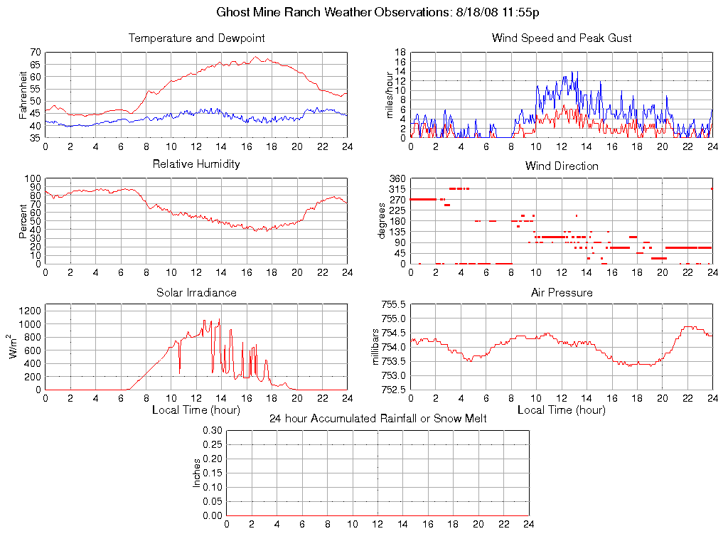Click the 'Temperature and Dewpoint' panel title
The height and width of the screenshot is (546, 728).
(196, 38)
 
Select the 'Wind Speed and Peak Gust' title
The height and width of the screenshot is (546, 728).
(562, 38)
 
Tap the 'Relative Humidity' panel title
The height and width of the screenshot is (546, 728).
(196, 164)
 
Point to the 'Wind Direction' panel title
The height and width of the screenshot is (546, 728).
(562, 166)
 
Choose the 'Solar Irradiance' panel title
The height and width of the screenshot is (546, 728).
(196, 292)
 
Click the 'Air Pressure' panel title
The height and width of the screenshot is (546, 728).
(562, 292)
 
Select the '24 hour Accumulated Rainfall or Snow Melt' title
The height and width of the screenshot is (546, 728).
(378, 419)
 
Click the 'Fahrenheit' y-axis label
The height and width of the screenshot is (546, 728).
(23, 95)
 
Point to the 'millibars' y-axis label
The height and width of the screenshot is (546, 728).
(378, 347)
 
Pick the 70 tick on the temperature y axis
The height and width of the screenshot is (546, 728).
(34, 53)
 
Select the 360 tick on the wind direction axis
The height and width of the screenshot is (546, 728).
(397, 178)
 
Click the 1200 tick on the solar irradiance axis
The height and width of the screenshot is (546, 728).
(30, 310)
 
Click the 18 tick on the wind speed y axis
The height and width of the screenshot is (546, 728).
(400, 53)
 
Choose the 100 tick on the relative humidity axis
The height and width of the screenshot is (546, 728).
(32, 178)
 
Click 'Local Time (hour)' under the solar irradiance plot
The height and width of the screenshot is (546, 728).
(196, 409)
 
